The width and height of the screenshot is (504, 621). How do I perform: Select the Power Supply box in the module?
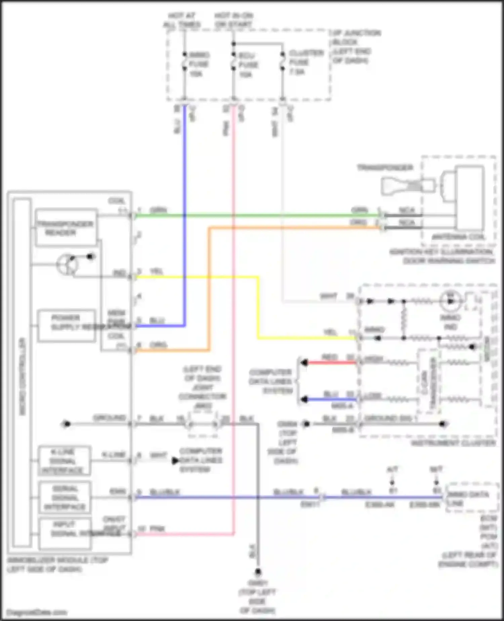(66, 326)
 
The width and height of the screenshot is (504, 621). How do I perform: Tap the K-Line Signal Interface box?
(64, 461)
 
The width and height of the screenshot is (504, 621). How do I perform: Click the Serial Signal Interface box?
(64, 498)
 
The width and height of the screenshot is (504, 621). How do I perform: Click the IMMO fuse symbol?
(184, 62)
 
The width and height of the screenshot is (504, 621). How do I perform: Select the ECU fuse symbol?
(234, 62)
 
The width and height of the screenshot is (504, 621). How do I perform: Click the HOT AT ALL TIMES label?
(182, 20)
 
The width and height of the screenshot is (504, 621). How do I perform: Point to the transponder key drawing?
(407, 185)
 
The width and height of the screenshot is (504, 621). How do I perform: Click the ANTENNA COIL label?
(459, 237)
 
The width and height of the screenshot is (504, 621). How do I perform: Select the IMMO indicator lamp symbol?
(450, 301)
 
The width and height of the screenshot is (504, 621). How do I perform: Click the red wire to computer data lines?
(331, 363)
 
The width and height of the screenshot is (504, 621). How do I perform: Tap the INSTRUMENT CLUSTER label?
(453, 443)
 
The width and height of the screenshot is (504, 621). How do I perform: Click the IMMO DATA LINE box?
(472, 499)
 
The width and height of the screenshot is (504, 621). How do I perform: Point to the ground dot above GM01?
(258, 572)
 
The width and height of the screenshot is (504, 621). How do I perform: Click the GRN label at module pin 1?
(158, 211)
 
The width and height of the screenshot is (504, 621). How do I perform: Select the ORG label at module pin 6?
(158, 345)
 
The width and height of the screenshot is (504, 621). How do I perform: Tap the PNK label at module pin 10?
(157, 529)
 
